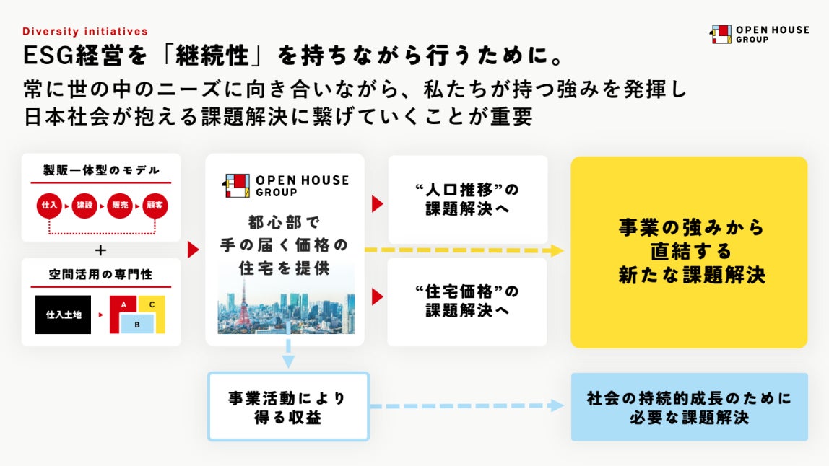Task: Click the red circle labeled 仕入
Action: point(48,206)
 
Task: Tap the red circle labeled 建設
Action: point(84,206)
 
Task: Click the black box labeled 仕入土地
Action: point(64,315)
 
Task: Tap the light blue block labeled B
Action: point(136,325)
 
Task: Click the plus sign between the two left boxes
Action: point(100,250)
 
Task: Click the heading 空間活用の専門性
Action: point(100,276)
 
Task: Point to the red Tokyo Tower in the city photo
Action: point(233,303)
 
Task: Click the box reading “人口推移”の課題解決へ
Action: point(467,200)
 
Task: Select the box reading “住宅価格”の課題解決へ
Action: point(467,302)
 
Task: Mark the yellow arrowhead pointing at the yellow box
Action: point(557,250)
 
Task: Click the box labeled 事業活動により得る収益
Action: point(288,407)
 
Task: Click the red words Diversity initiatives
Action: point(85,31)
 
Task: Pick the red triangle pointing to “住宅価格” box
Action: point(376,296)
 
